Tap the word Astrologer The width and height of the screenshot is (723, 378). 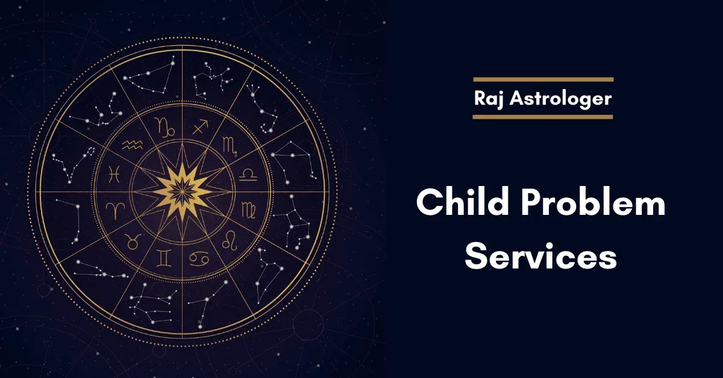pyautogui.click(x=561, y=99)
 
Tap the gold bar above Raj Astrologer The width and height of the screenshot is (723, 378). pyautogui.click(x=543, y=79)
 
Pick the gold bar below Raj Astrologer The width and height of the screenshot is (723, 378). pyautogui.click(x=543, y=117)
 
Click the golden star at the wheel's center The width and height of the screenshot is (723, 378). pyautogui.click(x=182, y=192)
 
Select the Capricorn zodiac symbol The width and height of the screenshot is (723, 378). pyautogui.click(x=164, y=127)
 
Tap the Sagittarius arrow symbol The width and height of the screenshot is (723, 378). pyautogui.click(x=201, y=127)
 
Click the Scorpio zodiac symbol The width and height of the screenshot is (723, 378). pyautogui.click(x=230, y=145)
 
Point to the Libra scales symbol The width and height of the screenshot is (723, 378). pyautogui.click(x=248, y=175)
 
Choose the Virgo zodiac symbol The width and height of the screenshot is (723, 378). pyautogui.click(x=248, y=210)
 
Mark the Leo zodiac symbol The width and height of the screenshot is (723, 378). pyautogui.click(x=230, y=240)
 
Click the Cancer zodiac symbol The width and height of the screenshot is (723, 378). pyautogui.click(x=199, y=258)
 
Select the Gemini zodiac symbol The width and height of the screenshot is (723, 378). pyautogui.click(x=164, y=258)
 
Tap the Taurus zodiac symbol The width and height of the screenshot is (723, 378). pyautogui.click(x=133, y=241)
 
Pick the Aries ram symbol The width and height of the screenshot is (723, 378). pyautogui.click(x=115, y=210)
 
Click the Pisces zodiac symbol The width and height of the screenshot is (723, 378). pyautogui.click(x=114, y=174)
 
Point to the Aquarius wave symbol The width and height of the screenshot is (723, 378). pyautogui.click(x=133, y=145)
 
